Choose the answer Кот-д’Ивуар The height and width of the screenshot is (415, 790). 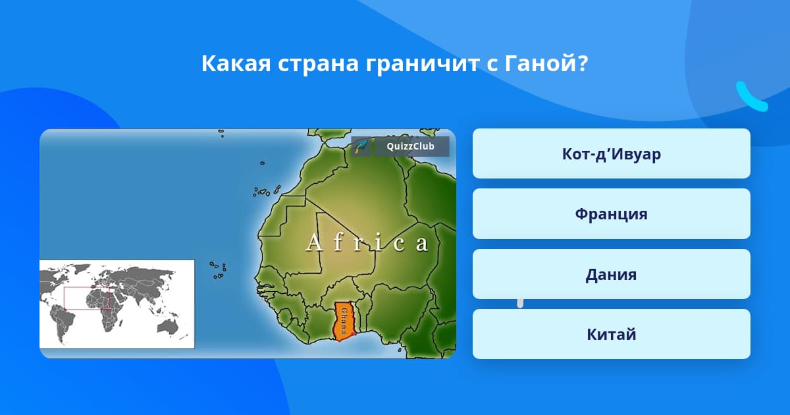point(611,153)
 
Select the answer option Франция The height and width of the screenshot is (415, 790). point(611,214)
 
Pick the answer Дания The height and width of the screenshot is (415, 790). point(611,274)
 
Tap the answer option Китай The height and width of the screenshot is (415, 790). point(611,334)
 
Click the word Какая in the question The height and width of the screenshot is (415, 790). point(236,63)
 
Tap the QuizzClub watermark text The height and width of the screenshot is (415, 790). point(410,146)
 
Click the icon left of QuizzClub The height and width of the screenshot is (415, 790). point(361,146)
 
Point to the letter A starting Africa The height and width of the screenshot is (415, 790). point(314,242)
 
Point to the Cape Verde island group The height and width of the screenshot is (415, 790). point(218,270)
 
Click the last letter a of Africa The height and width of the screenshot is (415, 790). point(421,244)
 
